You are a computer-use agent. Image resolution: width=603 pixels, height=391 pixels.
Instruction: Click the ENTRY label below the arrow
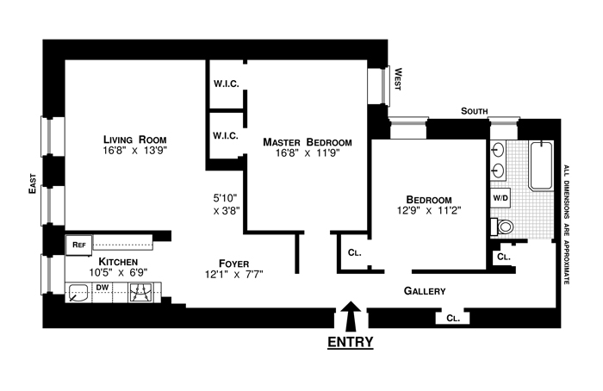[x=351, y=342]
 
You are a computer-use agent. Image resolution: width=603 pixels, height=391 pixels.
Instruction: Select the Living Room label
[x=134, y=140]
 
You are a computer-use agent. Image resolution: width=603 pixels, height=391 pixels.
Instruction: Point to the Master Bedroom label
[x=308, y=142]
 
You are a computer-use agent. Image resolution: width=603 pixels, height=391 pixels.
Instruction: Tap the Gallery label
[x=425, y=291]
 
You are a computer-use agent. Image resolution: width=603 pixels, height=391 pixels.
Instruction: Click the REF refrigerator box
[x=78, y=245]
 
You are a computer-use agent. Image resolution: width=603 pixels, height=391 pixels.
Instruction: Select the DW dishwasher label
[x=102, y=287]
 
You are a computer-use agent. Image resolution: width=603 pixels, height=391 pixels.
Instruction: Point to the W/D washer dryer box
[x=500, y=197]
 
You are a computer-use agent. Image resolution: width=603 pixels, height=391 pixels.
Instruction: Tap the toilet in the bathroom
[x=504, y=227]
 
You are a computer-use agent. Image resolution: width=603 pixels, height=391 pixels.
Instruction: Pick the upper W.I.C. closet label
[x=226, y=84]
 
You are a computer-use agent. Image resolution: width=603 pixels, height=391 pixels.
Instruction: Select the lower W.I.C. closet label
[x=226, y=135]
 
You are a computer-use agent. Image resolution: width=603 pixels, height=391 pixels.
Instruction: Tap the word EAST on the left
[x=32, y=184]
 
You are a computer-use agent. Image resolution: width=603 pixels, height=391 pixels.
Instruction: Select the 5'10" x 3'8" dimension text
[x=226, y=200]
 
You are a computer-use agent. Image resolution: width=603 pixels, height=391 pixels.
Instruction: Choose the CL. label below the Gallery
[x=453, y=318]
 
